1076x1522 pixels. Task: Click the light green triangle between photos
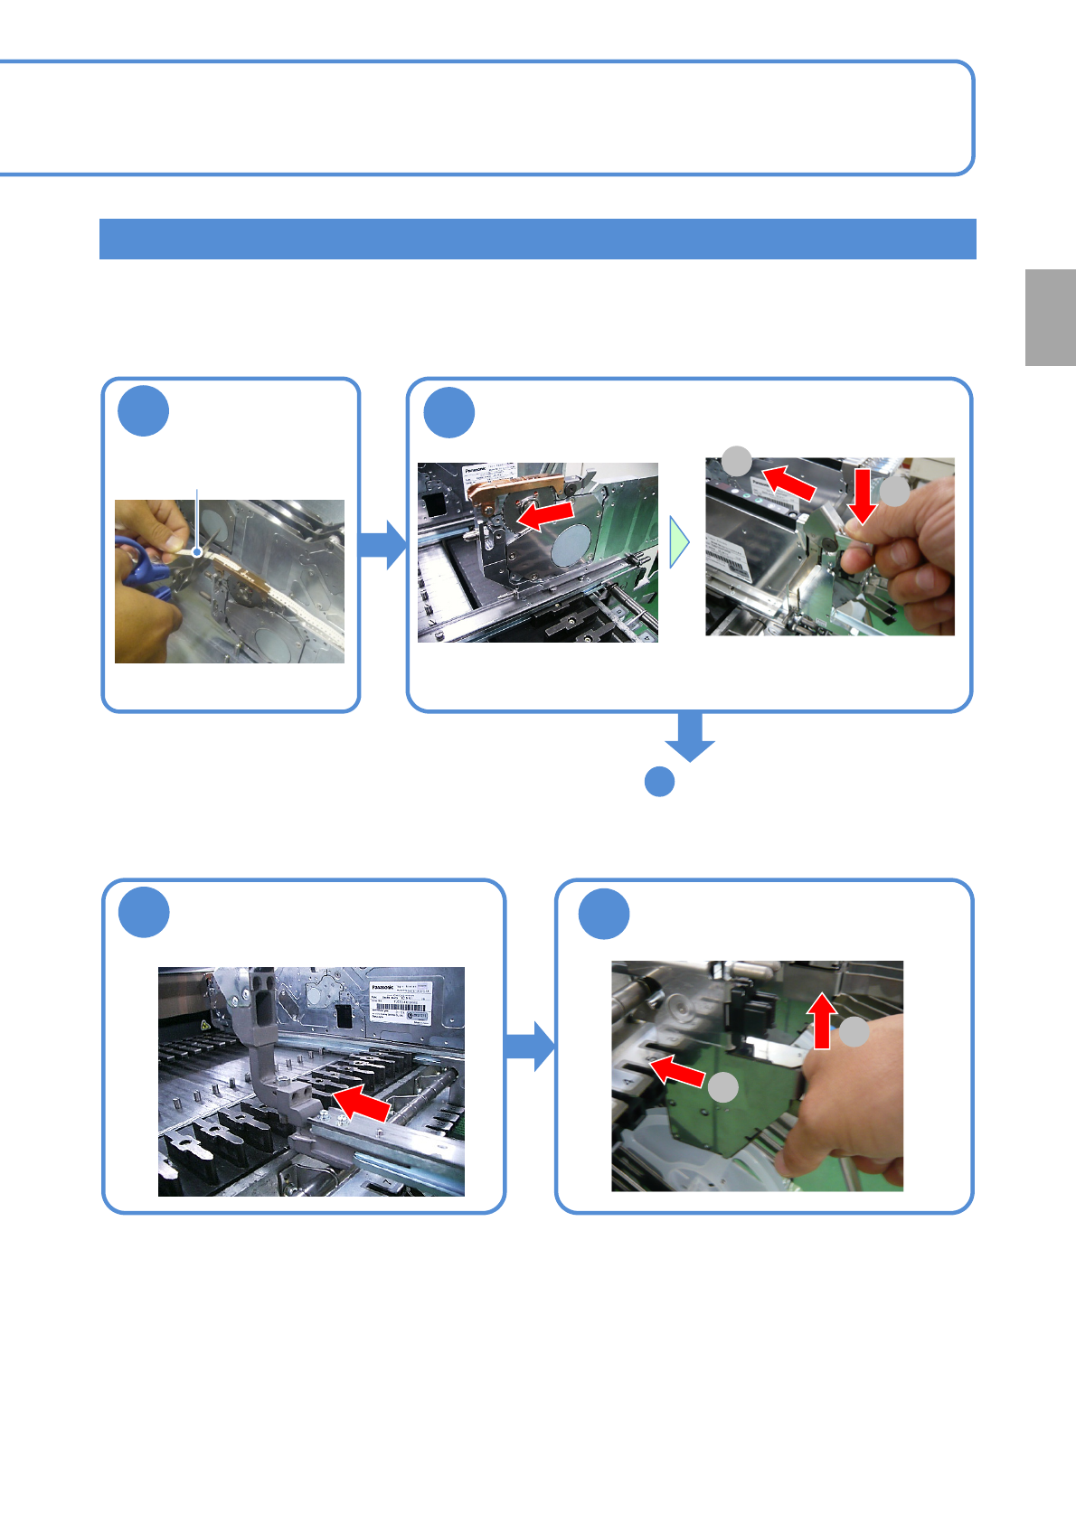[678, 542]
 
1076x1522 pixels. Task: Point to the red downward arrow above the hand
[863, 495]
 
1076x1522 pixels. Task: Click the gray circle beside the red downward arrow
[895, 493]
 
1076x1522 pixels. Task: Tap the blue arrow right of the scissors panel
[383, 544]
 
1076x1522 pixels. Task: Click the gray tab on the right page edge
[1050, 317]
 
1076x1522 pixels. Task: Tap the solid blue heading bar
[537, 239]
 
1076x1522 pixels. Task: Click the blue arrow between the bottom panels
[530, 1046]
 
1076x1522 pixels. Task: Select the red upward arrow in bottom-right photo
[822, 1019]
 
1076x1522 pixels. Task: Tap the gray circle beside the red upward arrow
[854, 1032]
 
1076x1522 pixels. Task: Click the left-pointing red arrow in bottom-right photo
[677, 1071]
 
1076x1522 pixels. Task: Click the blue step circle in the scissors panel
[144, 411]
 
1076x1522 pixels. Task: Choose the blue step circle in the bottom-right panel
[604, 914]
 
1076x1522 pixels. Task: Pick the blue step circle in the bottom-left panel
[145, 912]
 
